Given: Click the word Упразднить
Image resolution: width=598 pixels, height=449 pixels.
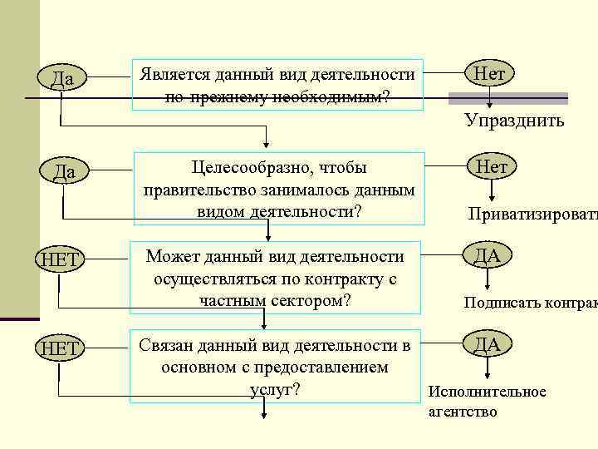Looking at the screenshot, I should [514, 121].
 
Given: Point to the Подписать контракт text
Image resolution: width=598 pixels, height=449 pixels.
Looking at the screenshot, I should [530, 303].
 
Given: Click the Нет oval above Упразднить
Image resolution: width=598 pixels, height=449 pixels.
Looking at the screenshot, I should [489, 73].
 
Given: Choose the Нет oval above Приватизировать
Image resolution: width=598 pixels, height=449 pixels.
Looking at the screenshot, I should [491, 167].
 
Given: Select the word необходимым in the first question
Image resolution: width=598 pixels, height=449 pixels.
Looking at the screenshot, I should [337, 96].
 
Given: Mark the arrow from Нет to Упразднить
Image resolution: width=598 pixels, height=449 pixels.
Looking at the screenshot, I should [490, 96].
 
